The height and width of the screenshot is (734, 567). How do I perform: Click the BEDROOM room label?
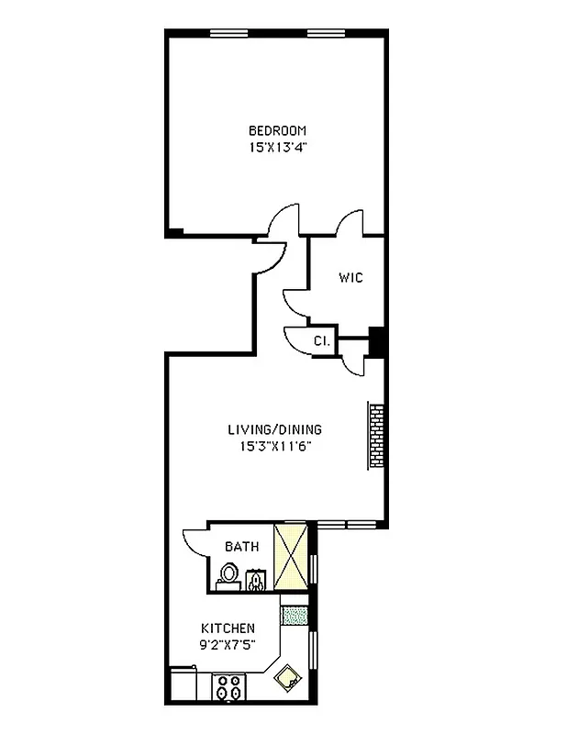[x=277, y=130]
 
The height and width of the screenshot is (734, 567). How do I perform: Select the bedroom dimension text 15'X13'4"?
[x=277, y=146]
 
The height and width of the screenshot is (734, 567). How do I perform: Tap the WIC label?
[x=350, y=277]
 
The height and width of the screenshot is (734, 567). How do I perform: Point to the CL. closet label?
[x=321, y=340]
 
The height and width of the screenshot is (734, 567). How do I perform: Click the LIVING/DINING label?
[x=275, y=429]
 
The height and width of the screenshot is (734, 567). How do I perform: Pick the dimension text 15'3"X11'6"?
[x=275, y=447]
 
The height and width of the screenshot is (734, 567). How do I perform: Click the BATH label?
[x=242, y=546]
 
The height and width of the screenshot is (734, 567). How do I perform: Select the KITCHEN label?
[x=228, y=628]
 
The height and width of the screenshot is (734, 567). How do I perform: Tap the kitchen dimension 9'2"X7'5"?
[x=228, y=644]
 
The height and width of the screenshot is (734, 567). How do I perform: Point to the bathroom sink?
[x=256, y=578]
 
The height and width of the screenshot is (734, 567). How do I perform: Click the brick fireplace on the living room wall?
[x=376, y=436]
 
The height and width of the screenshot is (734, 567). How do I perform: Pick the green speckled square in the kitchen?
[x=293, y=615]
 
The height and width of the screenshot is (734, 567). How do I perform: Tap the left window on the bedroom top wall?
[x=230, y=34]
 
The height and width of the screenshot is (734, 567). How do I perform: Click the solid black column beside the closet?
[x=375, y=341]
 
